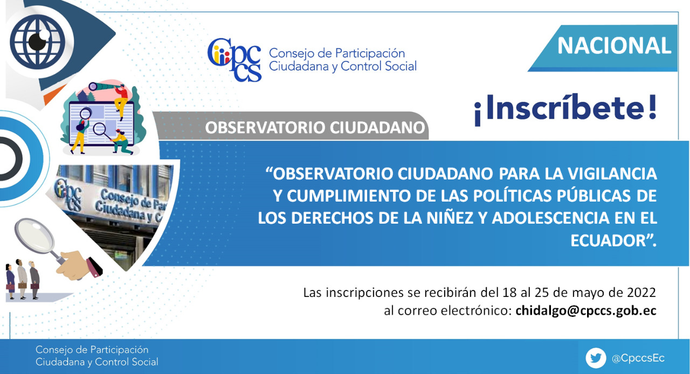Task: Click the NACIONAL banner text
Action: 614,46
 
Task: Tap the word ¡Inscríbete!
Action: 565,109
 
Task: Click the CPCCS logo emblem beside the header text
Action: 234,59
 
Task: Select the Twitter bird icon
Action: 596,358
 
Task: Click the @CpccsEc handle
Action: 638,358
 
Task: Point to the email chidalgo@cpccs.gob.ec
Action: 586,310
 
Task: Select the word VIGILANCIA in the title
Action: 612,174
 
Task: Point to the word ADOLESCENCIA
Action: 551,218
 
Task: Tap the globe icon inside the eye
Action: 38,41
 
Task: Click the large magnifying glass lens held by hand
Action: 34,235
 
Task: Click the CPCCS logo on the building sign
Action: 68,196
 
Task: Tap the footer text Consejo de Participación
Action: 92,350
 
